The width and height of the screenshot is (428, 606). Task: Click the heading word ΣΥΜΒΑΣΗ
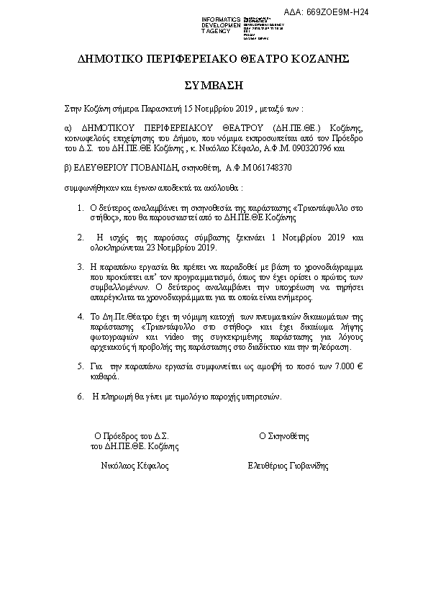click(214, 84)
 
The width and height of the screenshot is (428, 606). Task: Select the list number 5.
click(80, 366)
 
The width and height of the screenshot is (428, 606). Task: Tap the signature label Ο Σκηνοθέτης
click(283, 436)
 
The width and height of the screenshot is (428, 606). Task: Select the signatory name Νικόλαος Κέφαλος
click(135, 466)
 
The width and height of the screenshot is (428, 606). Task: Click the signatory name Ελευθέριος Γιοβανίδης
click(287, 466)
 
